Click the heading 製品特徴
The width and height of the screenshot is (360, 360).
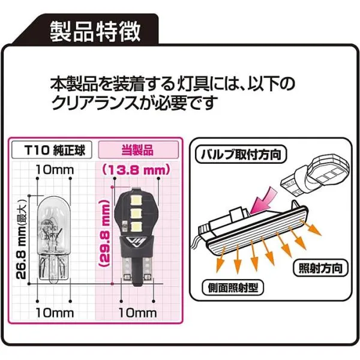(x=95, y=31)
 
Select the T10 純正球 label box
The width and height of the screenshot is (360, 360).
(x=52, y=150)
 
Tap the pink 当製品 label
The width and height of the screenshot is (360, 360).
(x=139, y=150)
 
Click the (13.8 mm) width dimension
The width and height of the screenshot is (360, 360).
(x=136, y=170)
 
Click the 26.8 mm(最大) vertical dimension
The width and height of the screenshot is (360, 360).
(x=22, y=241)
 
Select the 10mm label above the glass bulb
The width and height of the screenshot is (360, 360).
(x=55, y=170)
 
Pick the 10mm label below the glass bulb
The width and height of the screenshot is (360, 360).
(x=55, y=313)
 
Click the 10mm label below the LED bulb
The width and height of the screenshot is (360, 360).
(x=138, y=313)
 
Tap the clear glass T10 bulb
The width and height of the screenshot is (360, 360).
(x=54, y=240)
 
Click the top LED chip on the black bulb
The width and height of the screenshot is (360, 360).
(x=136, y=200)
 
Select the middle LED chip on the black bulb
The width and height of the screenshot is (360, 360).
(x=136, y=214)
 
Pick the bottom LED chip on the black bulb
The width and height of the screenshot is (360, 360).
(x=136, y=227)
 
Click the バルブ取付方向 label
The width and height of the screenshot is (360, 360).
(x=241, y=154)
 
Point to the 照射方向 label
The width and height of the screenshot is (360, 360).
(x=320, y=268)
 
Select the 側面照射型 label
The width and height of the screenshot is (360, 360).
(x=233, y=287)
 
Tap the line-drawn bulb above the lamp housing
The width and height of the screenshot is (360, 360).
(x=314, y=174)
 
